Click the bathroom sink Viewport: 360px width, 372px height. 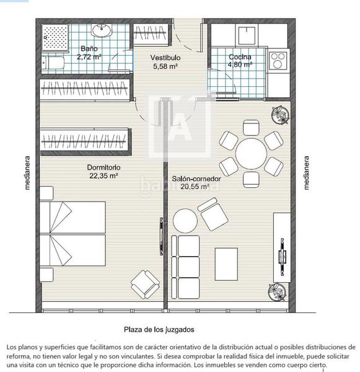tap(102, 30)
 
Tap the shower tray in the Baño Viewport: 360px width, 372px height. tap(56, 37)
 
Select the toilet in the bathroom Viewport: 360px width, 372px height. tap(53, 63)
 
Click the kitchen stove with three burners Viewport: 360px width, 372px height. tap(278, 60)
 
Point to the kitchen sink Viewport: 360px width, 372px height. tap(247, 35)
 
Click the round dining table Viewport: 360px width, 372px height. tap(251, 154)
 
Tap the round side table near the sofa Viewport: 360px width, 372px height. tap(185, 221)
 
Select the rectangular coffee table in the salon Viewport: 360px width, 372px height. tap(226, 264)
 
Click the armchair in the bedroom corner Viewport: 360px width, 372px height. tap(145, 285)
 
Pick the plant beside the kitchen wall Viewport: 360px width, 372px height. tap(281, 115)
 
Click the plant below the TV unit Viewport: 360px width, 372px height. tap(277, 292)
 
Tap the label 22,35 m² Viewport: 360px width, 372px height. tap(103, 176)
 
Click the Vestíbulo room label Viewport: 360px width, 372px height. tap(165, 58)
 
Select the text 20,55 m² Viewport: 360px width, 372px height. tap(195, 187)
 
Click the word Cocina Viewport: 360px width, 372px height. tap(240, 57)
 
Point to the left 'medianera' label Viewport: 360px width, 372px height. tap(27, 173)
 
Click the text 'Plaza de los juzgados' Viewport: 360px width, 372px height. tap(159, 329)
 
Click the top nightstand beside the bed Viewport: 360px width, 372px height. tap(46, 193)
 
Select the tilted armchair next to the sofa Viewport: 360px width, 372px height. tap(213, 215)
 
